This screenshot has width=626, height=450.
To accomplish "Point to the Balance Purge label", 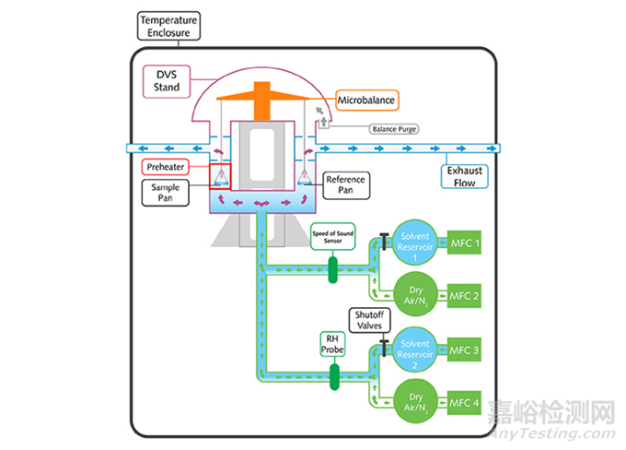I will click(394, 130).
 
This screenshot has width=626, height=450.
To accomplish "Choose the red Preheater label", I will click(166, 168).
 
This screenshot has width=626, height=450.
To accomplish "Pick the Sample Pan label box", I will click(164, 192).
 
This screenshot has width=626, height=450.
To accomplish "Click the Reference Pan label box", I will click(346, 184).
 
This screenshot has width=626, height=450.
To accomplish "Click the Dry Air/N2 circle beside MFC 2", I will click(415, 296).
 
